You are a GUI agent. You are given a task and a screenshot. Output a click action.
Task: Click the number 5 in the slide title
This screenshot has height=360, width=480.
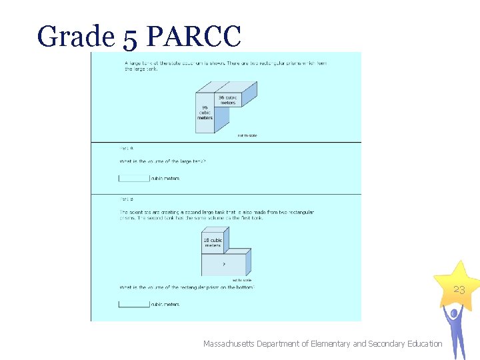click(130, 38)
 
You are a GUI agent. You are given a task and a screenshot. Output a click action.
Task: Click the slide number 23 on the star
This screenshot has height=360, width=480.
click(459, 290)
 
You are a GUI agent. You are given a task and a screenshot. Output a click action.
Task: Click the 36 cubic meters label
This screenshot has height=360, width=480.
click(227, 101)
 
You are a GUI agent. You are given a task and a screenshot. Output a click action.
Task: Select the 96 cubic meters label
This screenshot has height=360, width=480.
click(205, 112)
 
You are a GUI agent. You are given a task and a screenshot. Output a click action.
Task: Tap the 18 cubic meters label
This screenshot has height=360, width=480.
click(213, 243)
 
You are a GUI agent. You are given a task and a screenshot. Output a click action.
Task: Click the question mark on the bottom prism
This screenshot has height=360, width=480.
click(223, 263)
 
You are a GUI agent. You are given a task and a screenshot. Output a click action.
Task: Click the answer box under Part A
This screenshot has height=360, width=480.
click(134, 178)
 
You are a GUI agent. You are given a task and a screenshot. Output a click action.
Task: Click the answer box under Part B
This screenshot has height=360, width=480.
click(134, 304)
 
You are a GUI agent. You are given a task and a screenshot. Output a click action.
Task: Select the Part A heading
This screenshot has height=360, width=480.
click(126, 148)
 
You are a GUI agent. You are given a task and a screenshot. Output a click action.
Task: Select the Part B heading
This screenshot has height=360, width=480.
click(126, 199)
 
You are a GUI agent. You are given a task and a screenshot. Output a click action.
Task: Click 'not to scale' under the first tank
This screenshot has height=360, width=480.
click(247, 136)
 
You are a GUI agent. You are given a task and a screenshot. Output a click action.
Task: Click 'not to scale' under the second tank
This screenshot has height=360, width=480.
click(241, 280)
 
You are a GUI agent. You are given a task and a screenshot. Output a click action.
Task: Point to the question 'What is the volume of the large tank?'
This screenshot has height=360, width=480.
click(162, 161)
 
